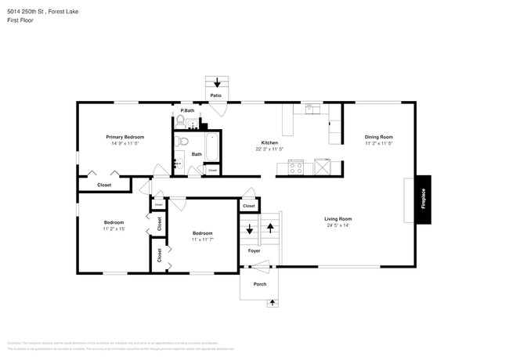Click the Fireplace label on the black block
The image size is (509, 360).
[424, 198]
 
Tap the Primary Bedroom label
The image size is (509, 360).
[125, 136]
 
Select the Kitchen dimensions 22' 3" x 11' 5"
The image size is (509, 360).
[270, 149]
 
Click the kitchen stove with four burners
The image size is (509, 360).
[297, 166]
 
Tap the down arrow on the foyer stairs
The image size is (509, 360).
[251, 229]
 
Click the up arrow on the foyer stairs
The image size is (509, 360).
[270, 229]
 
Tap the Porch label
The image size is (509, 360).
[259, 284]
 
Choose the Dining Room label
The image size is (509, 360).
[377, 136]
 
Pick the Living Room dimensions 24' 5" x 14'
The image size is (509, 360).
[338, 225]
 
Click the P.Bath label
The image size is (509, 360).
[187, 110]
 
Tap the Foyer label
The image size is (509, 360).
[254, 251]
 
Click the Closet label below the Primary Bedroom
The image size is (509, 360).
[104, 185]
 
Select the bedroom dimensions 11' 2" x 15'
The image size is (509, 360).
[114, 229]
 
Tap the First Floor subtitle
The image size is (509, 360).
[20, 21]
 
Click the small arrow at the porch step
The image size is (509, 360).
[273, 302]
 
